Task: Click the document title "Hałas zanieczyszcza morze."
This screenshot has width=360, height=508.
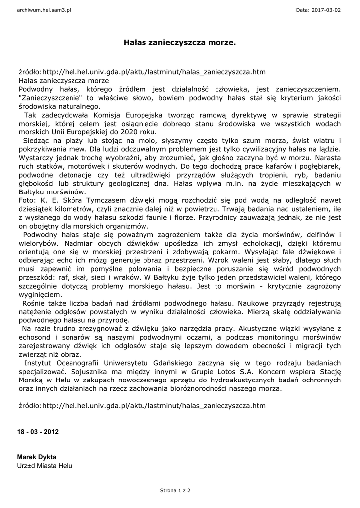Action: (179, 43)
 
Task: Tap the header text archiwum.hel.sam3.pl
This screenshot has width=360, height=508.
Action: (44, 10)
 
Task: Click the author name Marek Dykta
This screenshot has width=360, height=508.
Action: (37, 457)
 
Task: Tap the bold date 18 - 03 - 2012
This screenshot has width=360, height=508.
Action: (38, 432)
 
